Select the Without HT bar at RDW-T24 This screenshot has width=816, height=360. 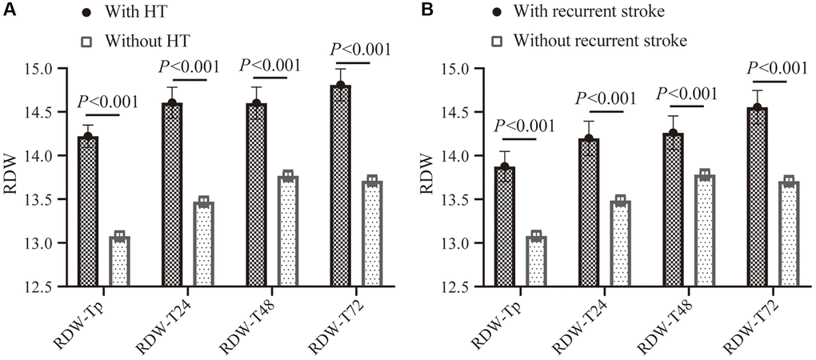pos(204,244)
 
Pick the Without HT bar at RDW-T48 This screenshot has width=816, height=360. pos(287,231)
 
